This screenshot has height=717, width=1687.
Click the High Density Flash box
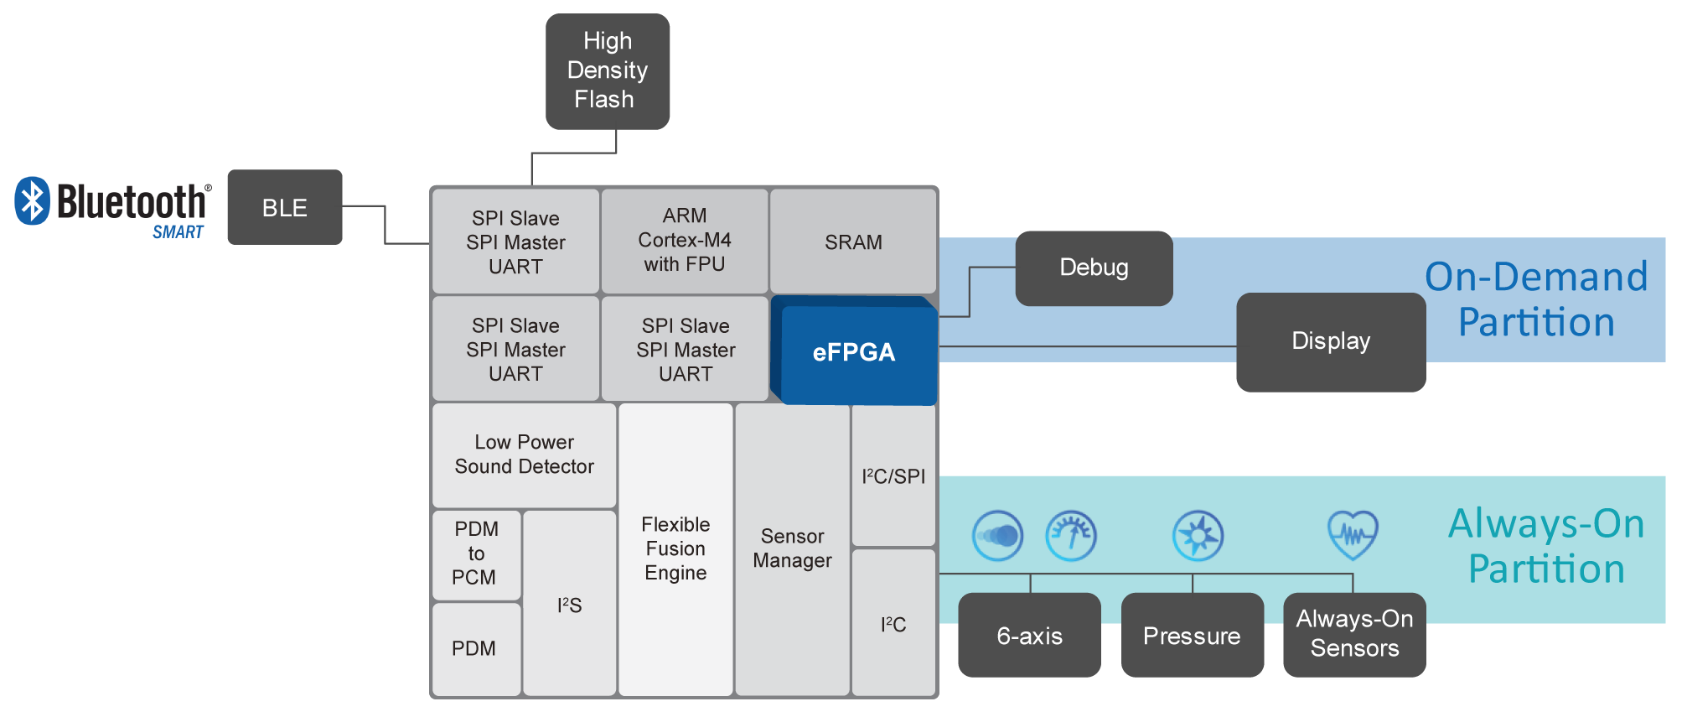tap(608, 71)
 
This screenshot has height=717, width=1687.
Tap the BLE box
tap(285, 207)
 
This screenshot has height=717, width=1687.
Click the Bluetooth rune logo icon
tap(32, 200)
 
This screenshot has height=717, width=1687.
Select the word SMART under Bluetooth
tap(178, 232)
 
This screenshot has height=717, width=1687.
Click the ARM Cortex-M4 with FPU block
tap(684, 241)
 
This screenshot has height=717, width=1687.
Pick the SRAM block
tap(853, 242)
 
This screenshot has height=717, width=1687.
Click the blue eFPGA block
tap(854, 353)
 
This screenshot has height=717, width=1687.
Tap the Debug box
tap(1094, 268)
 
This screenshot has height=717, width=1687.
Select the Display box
tap(1331, 341)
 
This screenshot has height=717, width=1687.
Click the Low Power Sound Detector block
tap(524, 455)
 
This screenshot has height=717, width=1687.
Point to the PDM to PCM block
tap(476, 553)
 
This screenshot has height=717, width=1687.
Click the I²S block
tap(569, 605)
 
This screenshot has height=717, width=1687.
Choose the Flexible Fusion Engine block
tap(675, 549)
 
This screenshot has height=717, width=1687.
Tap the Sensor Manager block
tap(792, 548)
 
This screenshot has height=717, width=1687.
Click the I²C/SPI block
tap(893, 476)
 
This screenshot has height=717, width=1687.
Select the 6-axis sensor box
tap(1029, 636)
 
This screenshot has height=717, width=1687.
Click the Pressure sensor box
tap(1192, 636)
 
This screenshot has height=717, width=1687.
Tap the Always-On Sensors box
tap(1354, 634)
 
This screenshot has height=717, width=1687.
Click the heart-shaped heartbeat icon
tap(1353, 535)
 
